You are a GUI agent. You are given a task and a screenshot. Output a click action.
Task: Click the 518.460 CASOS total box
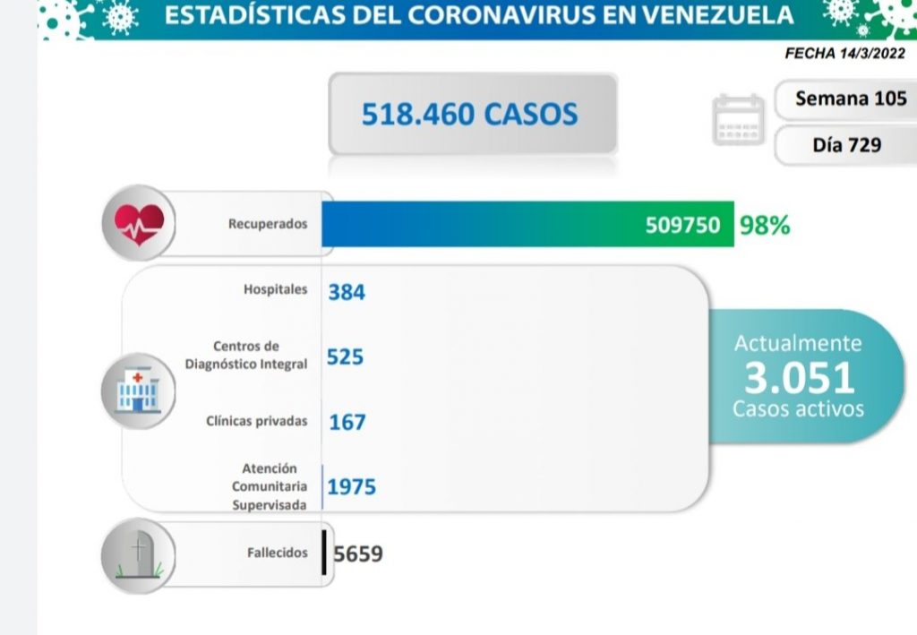tap(472, 114)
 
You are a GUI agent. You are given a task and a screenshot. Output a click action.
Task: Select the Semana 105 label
tap(850, 99)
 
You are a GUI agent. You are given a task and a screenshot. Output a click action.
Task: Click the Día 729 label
tap(846, 145)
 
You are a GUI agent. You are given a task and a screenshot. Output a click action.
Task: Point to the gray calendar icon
tap(739, 120)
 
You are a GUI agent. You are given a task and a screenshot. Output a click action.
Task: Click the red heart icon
tap(138, 222)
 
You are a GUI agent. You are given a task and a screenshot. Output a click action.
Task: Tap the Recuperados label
tap(267, 224)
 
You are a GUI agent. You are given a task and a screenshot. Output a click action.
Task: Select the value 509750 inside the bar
tap(682, 225)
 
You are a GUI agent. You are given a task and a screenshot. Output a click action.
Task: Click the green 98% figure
tap(765, 225)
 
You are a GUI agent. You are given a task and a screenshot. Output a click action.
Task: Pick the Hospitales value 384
tap(347, 291)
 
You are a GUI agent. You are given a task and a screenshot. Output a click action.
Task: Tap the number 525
tap(345, 356)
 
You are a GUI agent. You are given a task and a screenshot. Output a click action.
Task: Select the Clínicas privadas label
tap(256, 421)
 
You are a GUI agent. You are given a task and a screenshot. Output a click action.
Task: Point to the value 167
tap(347, 421)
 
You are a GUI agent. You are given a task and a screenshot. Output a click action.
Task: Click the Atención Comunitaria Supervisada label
tap(270, 486)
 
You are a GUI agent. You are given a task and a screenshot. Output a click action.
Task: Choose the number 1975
tap(352, 487)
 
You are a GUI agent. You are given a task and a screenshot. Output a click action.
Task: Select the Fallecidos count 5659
tap(358, 553)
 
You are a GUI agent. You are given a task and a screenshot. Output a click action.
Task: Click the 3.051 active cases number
tap(799, 378)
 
